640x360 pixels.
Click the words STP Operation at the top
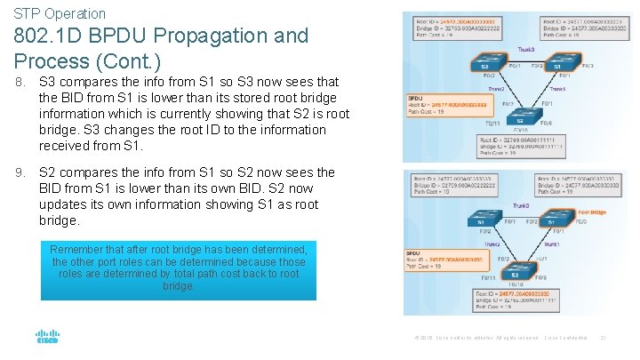click(60, 13)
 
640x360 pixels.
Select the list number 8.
click(20, 82)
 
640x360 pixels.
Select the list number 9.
click(20, 172)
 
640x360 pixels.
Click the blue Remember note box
click(178, 268)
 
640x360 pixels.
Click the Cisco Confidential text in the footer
click(565, 338)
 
